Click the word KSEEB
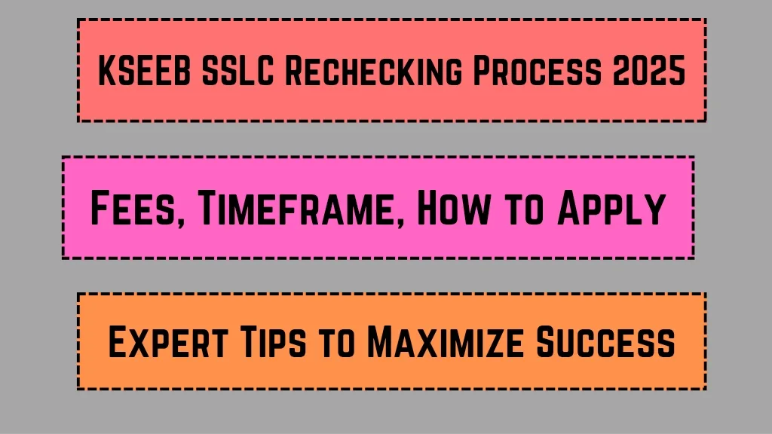pos(144,71)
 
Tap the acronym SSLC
pos(237,71)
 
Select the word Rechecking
pos(374,71)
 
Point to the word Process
pos(537,71)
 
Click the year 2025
pos(649,71)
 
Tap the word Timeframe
pos(297,208)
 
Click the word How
pos(453,208)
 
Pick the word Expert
pos(168,341)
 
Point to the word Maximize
pos(446,341)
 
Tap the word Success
pos(605,341)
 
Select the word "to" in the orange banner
pos(337,343)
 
